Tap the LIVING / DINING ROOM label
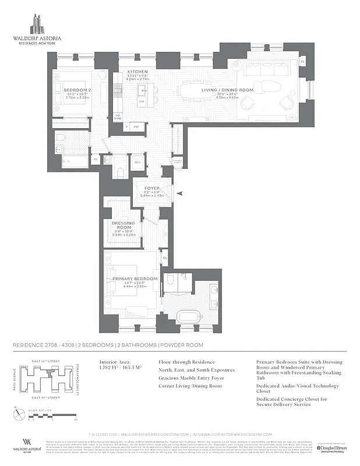tap(235, 90)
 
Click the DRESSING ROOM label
tap(123, 225)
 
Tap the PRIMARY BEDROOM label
tap(135, 279)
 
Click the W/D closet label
tap(138, 162)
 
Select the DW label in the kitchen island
tap(141, 102)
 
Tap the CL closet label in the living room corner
tap(302, 61)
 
